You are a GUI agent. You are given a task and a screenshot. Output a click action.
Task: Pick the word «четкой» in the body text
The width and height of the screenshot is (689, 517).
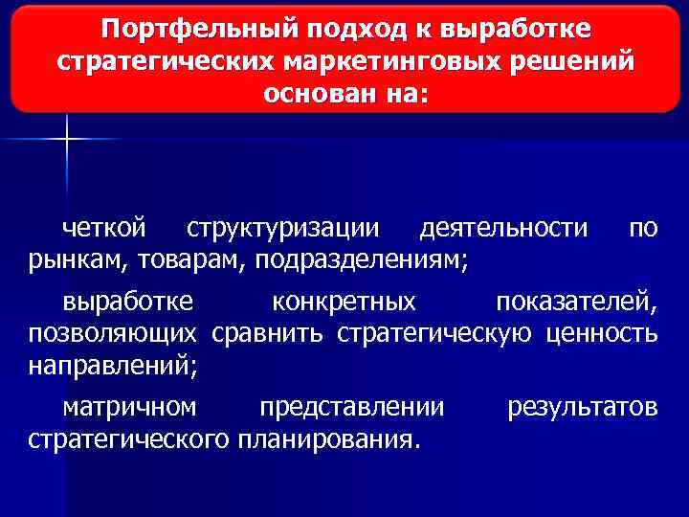click(104, 228)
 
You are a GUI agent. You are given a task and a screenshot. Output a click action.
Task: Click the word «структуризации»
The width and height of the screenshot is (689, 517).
click(282, 228)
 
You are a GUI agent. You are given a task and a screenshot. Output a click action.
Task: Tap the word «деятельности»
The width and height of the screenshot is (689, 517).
click(504, 228)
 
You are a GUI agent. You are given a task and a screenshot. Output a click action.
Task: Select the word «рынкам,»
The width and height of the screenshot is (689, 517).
click(78, 258)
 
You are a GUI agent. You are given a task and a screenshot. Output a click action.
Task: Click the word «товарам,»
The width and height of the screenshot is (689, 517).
click(193, 258)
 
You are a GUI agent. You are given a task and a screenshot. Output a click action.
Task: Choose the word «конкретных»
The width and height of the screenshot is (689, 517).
click(344, 303)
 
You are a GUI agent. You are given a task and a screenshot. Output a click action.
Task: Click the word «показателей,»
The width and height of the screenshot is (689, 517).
click(576, 303)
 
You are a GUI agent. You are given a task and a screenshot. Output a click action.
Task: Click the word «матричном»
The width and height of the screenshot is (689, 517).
click(130, 408)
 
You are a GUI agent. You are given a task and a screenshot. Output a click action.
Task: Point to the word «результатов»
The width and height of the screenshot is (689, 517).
click(582, 408)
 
